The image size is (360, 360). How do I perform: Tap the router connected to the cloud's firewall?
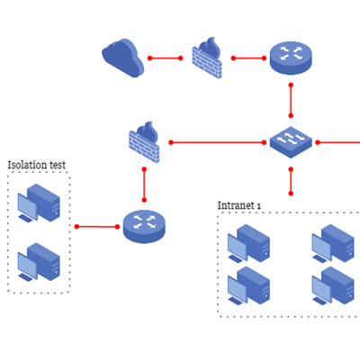291,58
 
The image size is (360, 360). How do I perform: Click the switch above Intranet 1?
291,142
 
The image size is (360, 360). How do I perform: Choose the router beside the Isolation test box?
144,225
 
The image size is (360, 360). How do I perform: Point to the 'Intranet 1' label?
239,205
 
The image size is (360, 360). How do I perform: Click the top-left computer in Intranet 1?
248,242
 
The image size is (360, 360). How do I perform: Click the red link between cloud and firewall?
166,58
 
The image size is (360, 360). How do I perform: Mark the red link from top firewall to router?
247,58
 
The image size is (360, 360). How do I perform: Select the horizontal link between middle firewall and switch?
216,142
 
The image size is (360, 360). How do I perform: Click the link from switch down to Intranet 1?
291,180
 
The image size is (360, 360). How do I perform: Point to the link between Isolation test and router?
97,226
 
